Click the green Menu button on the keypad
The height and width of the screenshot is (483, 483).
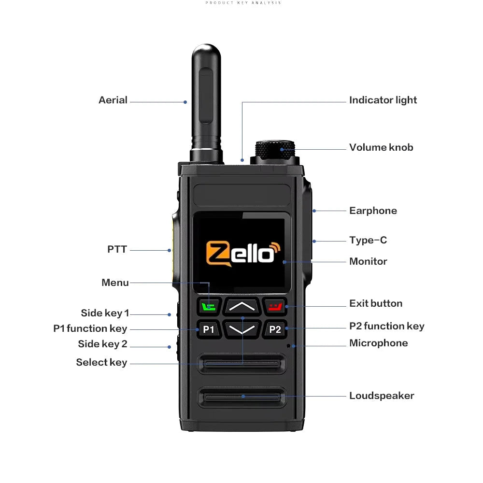209,306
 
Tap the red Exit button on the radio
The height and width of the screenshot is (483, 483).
275,306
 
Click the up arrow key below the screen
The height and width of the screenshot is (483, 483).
242,306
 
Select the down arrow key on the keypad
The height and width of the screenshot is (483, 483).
242,329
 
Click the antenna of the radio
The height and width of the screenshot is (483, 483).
206,101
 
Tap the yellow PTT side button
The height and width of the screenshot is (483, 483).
173,251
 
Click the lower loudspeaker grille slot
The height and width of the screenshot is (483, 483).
242,397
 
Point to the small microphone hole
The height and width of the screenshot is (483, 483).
289,345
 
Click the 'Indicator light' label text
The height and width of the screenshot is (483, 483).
383,100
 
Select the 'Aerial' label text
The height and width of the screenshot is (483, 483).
113,100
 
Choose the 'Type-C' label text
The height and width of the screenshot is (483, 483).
368,241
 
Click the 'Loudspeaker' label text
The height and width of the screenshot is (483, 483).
382,396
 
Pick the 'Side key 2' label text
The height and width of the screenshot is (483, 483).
102,344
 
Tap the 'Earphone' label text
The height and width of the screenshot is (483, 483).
373,211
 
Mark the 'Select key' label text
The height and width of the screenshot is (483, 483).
101,363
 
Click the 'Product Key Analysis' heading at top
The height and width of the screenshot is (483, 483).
243,3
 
